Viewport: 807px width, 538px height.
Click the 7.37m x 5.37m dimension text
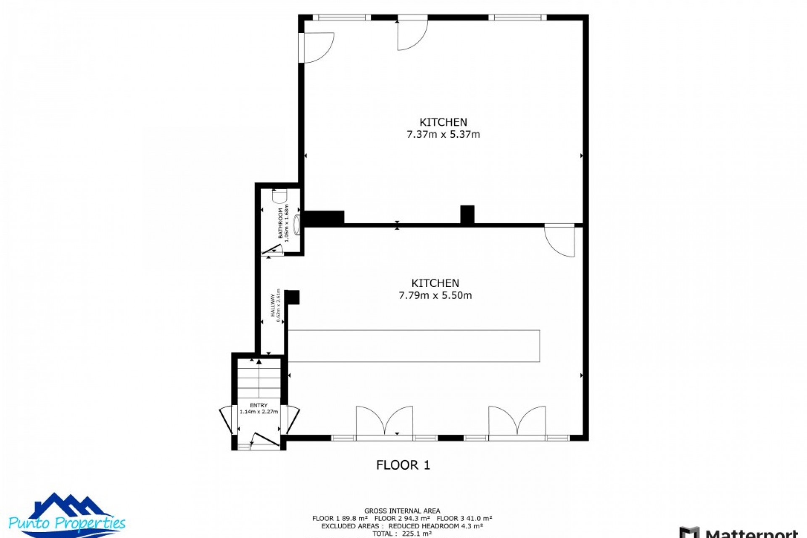pos(443,134)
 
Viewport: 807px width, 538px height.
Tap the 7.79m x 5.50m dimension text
pos(435,295)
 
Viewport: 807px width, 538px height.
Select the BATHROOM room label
pos(281,223)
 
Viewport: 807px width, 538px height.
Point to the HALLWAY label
pos(272,305)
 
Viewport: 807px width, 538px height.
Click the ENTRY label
pos(258,406)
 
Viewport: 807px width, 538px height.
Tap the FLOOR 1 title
pos(403,465)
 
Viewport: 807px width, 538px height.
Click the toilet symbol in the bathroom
pos(280,196)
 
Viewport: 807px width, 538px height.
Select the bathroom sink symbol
pos(298,225)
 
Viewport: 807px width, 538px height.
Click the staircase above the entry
pos(259,378)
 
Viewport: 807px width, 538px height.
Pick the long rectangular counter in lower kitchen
pos(414,346)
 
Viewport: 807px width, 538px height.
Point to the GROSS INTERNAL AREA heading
pos(402,511)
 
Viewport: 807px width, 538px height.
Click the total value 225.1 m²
pos(414,534)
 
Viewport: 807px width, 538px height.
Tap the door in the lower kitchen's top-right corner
pos(559,242)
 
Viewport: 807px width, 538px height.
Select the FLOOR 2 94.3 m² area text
pos(402,519)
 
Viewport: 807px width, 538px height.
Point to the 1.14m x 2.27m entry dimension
pos(259,412)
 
